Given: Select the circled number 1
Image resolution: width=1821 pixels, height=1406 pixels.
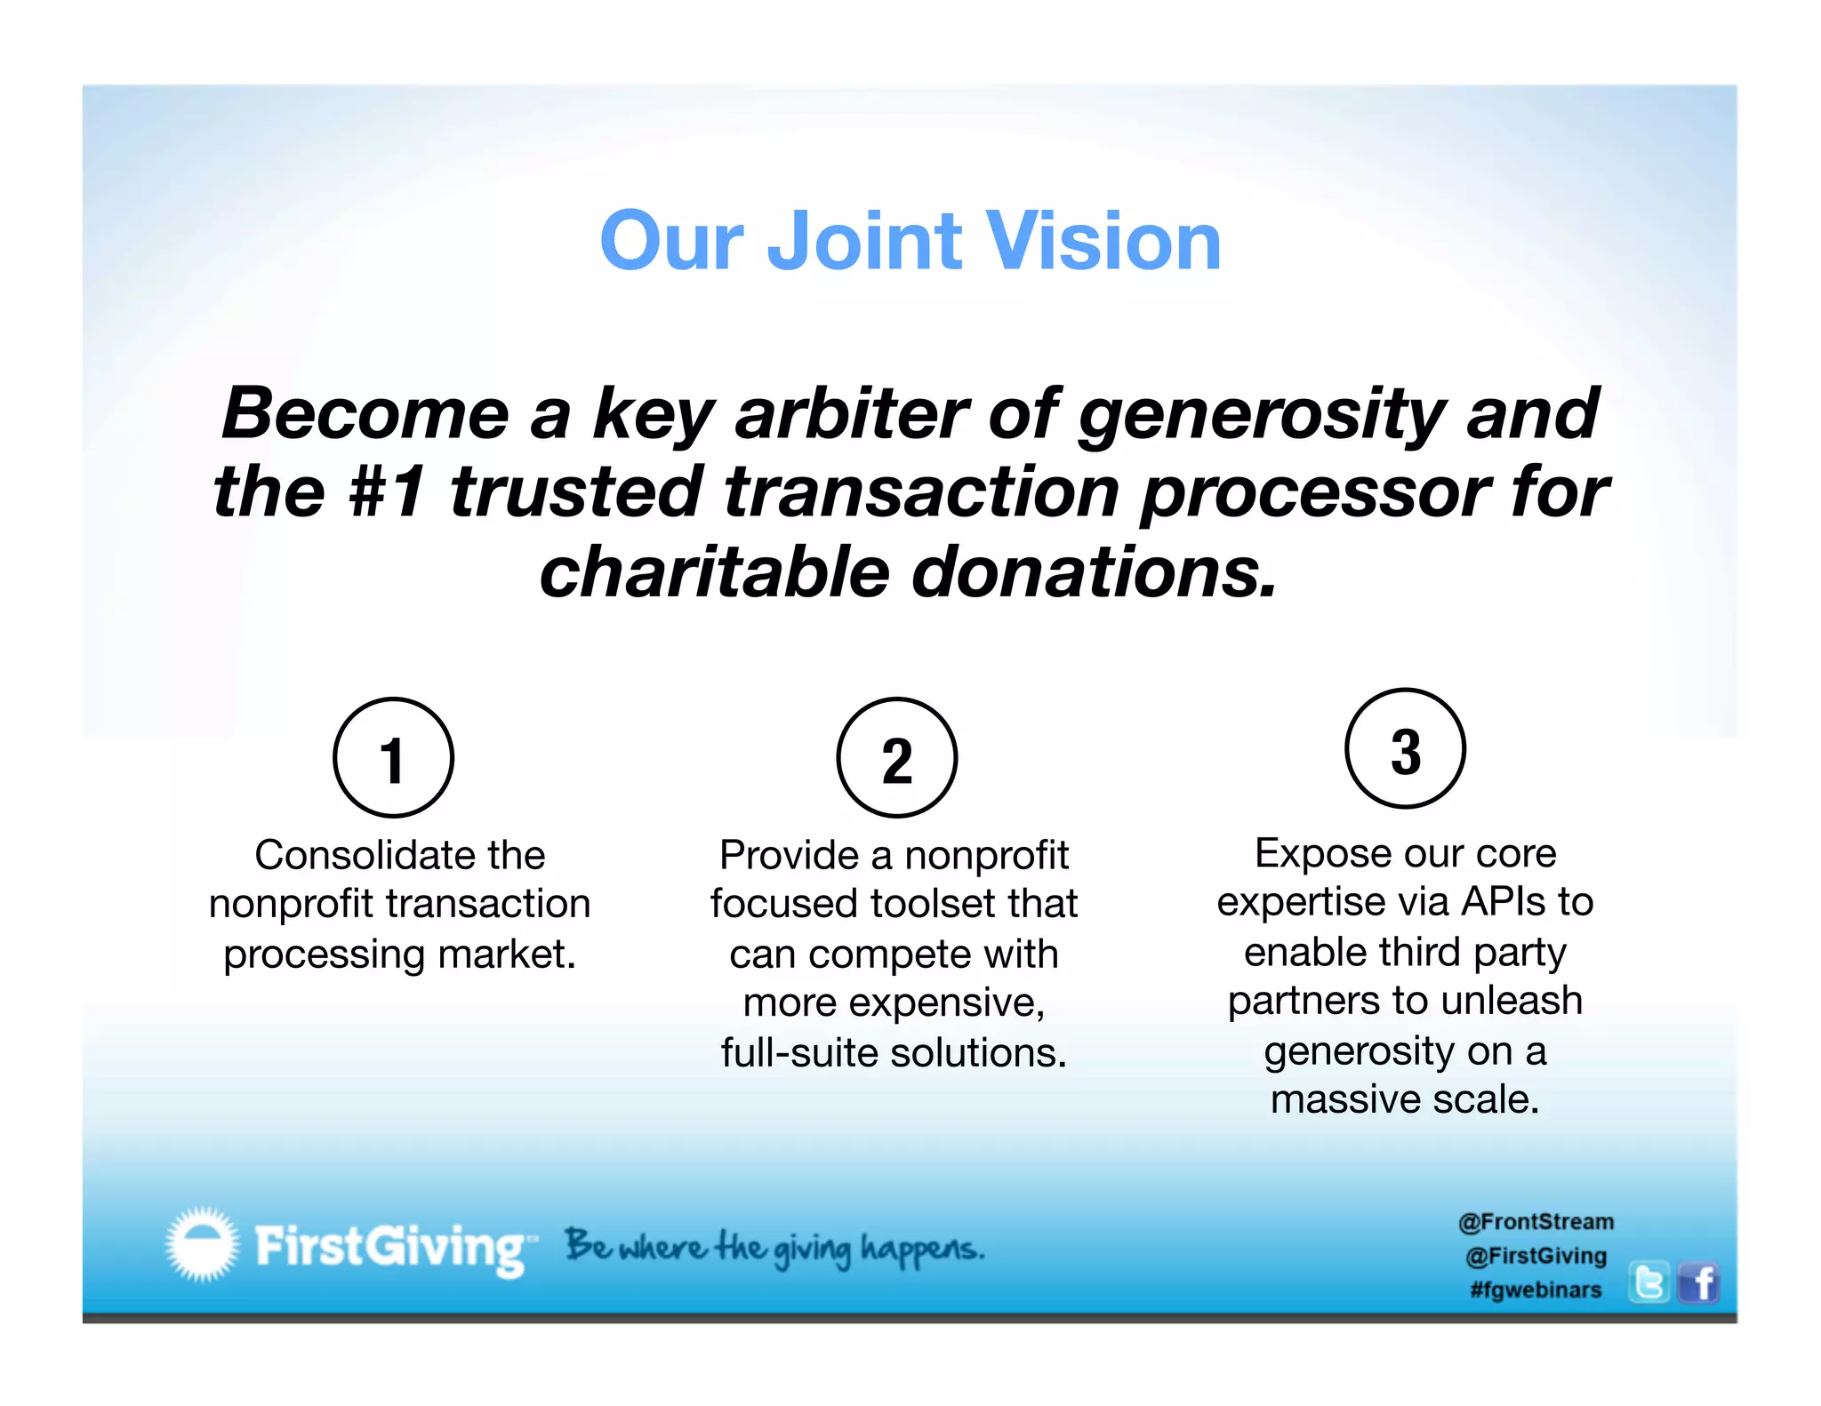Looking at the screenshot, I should [x=393, y=758].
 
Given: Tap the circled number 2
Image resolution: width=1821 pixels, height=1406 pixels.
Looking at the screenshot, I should [x=896, y=758].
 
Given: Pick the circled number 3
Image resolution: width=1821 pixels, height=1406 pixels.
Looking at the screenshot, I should [x=1405, y=749].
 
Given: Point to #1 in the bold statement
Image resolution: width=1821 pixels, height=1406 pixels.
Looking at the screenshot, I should [x=386, y=491].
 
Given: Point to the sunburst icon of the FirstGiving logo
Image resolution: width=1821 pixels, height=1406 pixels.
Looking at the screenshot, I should [x=202, y=1244].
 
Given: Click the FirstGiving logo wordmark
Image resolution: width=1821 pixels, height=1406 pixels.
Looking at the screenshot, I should [x=391, y=1247].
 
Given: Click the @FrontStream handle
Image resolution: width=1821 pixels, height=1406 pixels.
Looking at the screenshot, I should [x=1536, y=1222].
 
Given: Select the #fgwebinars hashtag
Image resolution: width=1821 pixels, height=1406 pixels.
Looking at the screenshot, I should [x=1536, y=1290].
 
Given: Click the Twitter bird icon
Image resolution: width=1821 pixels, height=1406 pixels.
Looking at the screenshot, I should [x=1649, y=1283].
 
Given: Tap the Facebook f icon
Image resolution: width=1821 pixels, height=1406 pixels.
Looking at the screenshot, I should [x=1699, y=1283].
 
